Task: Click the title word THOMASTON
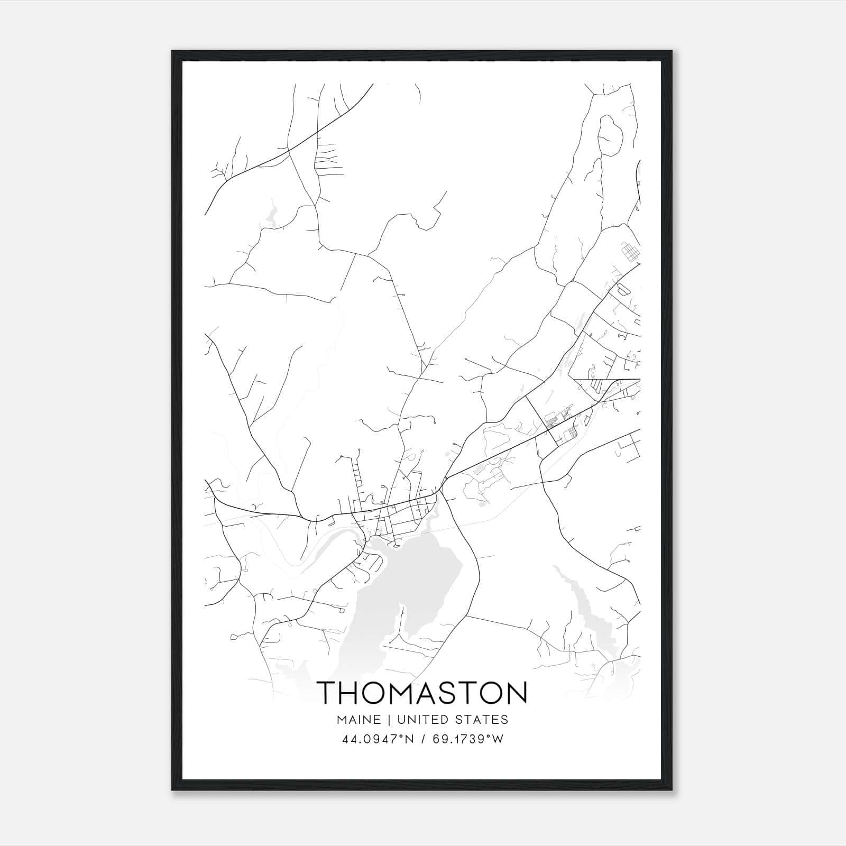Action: point(423,693)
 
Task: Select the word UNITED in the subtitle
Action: point(421,720)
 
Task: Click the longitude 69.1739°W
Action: point(468,739)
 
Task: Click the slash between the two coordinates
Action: point(423,739)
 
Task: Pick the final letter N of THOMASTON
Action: point(516,693)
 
